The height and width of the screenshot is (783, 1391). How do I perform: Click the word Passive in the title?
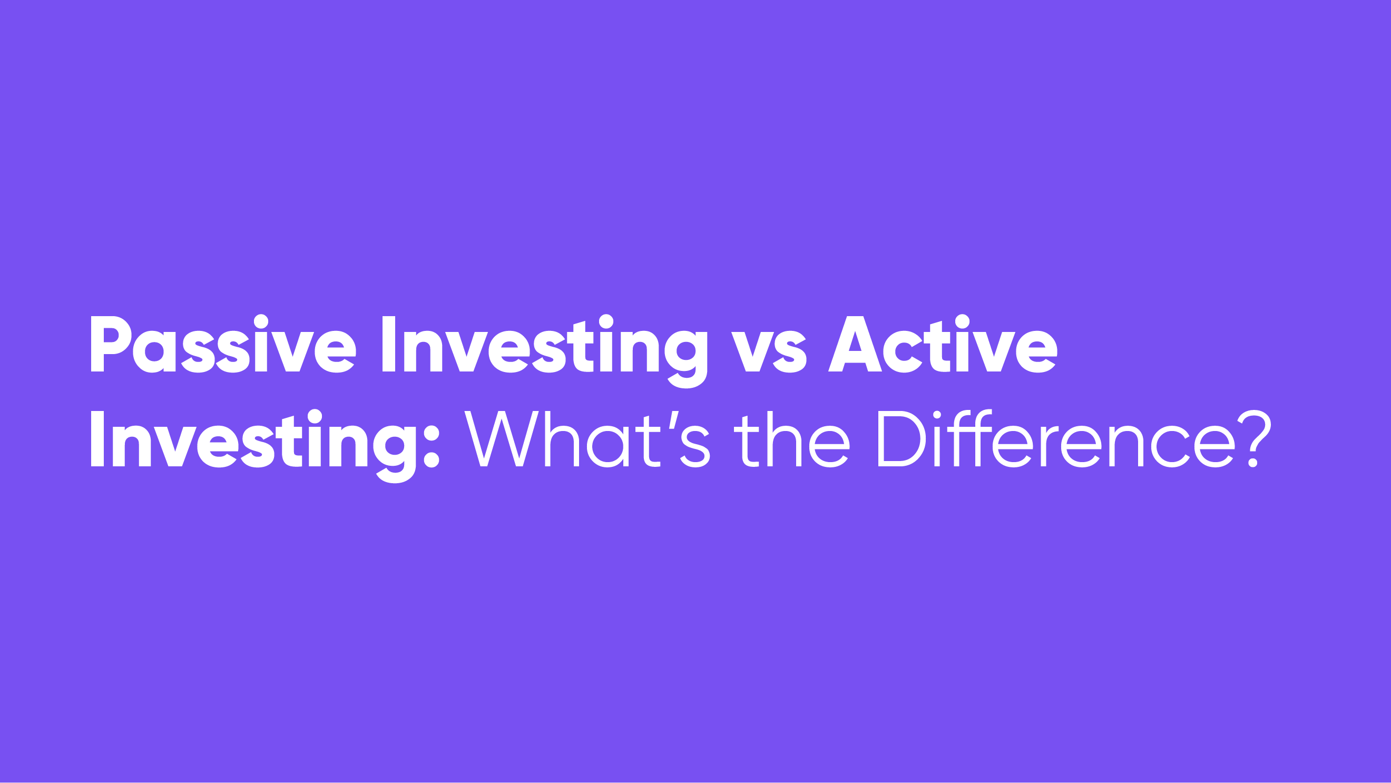pos(223,344)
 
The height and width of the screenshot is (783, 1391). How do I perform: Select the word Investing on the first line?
pos(545,350)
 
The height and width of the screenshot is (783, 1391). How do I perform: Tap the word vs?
pos(769,351)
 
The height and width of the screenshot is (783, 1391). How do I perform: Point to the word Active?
pos(943,344)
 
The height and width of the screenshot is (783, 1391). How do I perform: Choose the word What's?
pos(587,439)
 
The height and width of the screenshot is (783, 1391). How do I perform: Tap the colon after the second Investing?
pos(432,447)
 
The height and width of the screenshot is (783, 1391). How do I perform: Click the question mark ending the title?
pos(1255,438)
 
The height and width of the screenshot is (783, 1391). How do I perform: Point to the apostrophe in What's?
pos(673,420)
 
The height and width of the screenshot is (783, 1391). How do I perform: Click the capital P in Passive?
pos(111,344)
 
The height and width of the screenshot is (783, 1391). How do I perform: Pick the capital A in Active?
pos(855,344)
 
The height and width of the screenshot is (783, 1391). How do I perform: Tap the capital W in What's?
pos(502,438)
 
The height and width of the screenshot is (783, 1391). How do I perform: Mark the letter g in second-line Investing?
pos(395,454)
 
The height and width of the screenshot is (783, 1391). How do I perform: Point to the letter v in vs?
pos(753,351)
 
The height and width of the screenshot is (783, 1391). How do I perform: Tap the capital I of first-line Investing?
pos(389,344)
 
